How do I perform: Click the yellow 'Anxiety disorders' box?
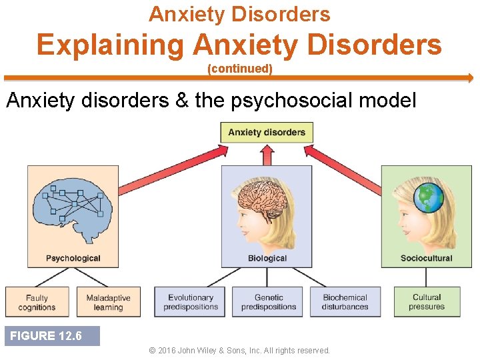click(x=267, y=132)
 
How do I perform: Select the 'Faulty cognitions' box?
click(x=37, y=303)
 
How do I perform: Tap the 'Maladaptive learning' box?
click(x=109, y=303)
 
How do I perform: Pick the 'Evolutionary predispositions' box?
click(x=191, y=303)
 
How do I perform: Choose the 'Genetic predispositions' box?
click(x=269, y=303)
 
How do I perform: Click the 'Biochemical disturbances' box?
click(x=345, y=303)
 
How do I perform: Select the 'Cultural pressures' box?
click(x=427, y=303)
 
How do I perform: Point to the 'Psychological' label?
click(x=73, y=258)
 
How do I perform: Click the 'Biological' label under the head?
click(x=267, y=258)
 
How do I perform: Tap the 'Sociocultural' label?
click(x=426, y=258)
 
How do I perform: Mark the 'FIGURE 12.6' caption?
click(x=46, y=336)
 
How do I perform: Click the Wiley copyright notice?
click(x=239, y=351)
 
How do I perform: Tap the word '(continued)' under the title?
click(x=240, y=69)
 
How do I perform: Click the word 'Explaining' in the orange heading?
click(x=111, y=45)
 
